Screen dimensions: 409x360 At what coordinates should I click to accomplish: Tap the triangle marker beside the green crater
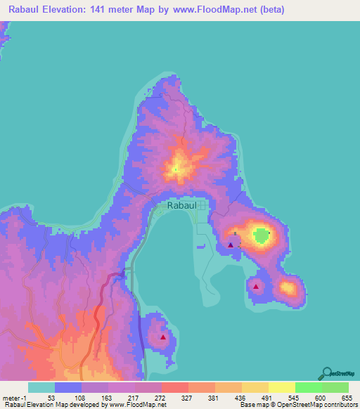coord(231,245)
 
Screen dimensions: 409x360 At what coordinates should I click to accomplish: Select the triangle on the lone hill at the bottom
coord(163,337)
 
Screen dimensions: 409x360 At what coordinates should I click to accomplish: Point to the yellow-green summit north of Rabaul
coord(176,169)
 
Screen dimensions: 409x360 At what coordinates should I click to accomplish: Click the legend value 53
coord(51,397)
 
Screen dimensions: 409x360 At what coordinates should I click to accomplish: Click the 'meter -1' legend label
coord(15,397)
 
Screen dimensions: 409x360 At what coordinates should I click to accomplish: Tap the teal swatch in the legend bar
coord(41,387)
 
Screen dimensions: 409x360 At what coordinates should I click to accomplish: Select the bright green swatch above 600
coord(309,387)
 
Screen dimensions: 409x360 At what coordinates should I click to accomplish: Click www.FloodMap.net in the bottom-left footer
coord(140,405)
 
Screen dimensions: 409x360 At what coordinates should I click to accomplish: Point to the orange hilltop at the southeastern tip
coord(288,287)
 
